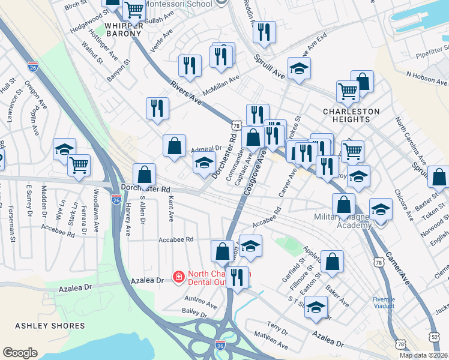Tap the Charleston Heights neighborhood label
351,115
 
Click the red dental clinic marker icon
178,277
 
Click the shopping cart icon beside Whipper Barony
134,10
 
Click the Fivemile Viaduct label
383,302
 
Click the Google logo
20,352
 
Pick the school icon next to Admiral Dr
204,162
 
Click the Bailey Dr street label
194,314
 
